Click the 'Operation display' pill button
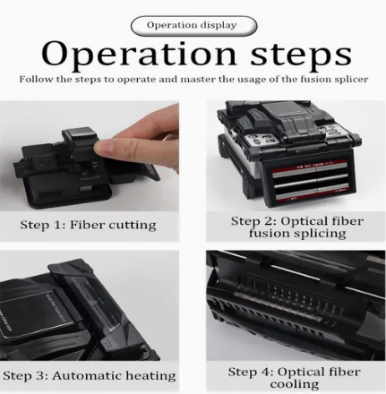(193, 26)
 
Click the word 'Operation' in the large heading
(139, 54)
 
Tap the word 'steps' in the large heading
(301, 55)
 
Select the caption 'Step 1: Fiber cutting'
(88, 225)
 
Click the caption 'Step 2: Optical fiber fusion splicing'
(297, 227)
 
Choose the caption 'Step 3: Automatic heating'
(90, 376)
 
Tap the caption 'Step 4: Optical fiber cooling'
(295, 378)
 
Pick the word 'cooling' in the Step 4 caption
(295, 384)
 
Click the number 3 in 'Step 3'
(40, 376)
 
